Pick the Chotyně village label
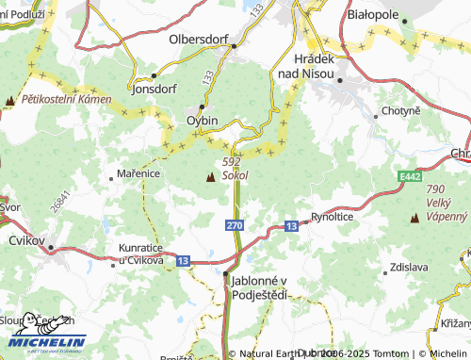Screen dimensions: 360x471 tap(400, 111)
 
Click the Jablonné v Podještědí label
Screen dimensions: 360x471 tap(259, 287)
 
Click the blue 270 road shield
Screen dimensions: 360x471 tap(234, 226)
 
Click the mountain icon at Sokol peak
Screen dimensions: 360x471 tap(209, 176)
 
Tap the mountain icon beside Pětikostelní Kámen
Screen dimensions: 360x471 tap(9, 100)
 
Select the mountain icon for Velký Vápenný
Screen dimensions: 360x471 tap(414, 218)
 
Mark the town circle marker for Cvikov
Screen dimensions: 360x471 tap(51, 249)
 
